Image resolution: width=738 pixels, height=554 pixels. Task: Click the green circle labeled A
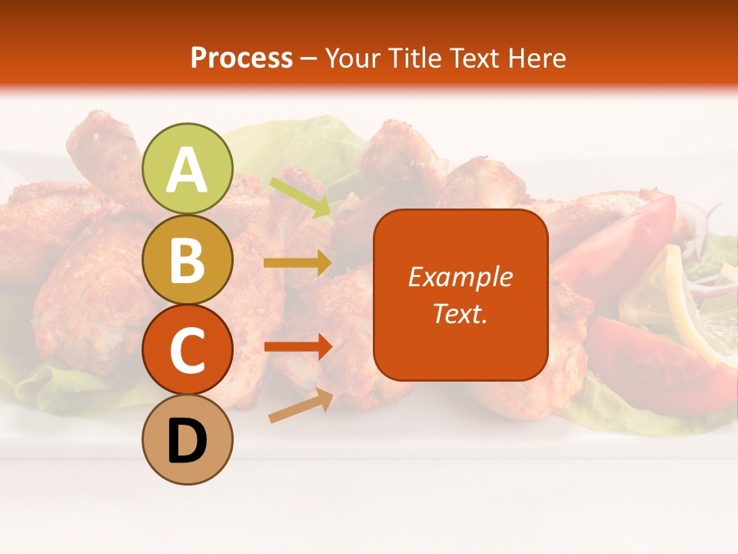(188, 169)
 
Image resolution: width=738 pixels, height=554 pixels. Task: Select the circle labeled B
(188, 260)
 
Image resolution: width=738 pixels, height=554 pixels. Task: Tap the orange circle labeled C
(188, 350)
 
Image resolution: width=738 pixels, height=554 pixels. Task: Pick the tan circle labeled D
(188, 440)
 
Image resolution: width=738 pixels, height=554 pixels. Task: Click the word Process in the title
(241, 58)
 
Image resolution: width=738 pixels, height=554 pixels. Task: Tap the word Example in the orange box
(460, 277)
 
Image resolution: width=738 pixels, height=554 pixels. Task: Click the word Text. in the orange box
(460, 313)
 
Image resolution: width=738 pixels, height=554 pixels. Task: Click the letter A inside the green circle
(188, 170)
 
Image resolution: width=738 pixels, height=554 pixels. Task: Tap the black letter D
(188, 442)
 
